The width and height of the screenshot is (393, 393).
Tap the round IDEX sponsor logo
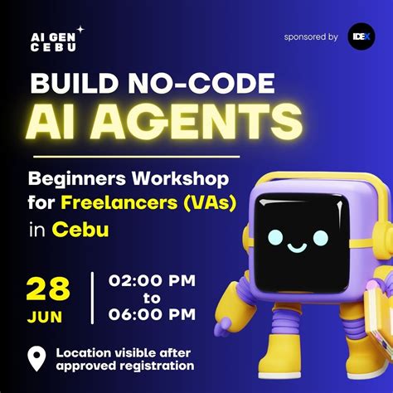361,37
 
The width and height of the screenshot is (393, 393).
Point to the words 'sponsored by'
310,37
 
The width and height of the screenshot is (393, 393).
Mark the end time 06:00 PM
153,315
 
